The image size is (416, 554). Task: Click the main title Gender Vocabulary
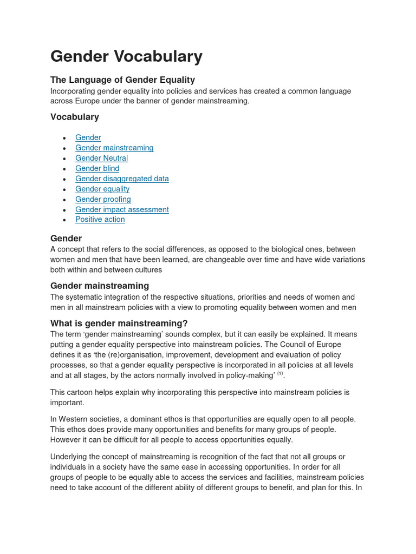[x=126, y=56]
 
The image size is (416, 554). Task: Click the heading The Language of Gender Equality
[x=122, y=80]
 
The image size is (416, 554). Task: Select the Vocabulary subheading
[x=75, y=117]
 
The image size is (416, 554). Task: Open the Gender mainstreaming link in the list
[x=114, y=148]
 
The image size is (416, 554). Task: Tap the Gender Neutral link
[x=101, y=158]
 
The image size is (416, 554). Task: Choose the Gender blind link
[x=97, y=168]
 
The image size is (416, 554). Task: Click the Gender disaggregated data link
[x=122, y=179]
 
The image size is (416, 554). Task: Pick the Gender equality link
[x=102, y=189]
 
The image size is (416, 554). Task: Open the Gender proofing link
[x=103, y=199]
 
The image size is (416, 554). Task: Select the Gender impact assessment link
[x=122, y=209]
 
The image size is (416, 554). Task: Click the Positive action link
[x=100, y=219]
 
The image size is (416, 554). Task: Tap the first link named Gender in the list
[x=88, y=137]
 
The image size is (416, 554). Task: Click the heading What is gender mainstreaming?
[x=119, y=324]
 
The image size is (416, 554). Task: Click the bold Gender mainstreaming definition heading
[x=99, y=286]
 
